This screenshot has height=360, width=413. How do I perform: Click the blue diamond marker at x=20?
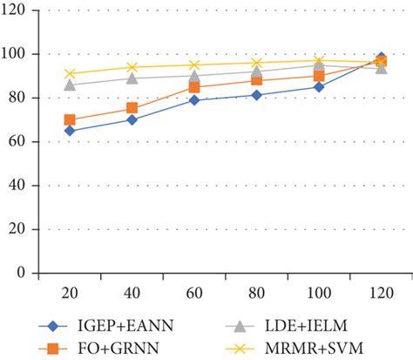click(70, 131)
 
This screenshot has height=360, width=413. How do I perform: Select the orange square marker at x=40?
click(132, 108)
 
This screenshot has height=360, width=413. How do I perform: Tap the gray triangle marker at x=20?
click(70, 85)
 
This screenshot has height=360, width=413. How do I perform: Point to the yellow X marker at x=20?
click(70, 74)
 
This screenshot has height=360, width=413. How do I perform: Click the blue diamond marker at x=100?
click(319, 87)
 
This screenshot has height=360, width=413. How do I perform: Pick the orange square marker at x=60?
click(194, 87)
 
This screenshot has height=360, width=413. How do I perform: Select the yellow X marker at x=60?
click(194, 65)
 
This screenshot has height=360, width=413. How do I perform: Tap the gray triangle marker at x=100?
click(319, 66)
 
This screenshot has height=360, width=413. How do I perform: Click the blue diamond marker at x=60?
click(194, 100)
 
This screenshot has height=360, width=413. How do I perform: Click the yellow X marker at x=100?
click(319, 61)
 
